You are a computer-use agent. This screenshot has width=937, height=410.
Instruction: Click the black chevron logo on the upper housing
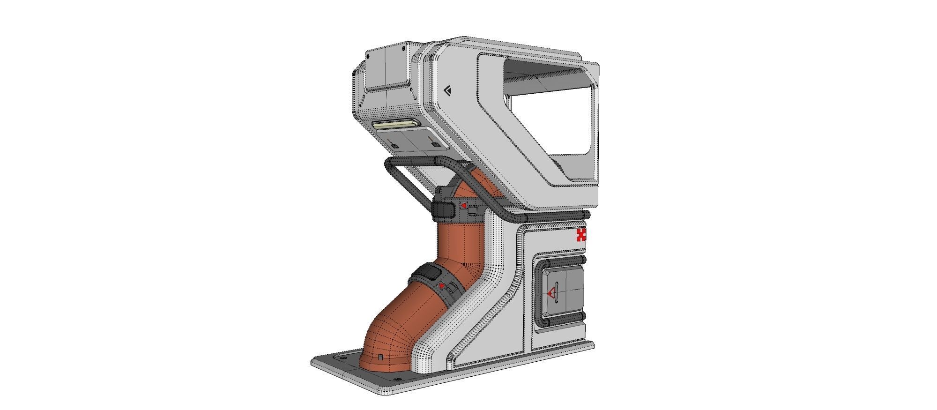coord(448,91)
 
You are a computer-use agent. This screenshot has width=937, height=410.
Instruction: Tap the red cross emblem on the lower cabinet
coord(581,235)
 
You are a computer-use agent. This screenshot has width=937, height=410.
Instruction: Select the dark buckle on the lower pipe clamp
coord(102,272)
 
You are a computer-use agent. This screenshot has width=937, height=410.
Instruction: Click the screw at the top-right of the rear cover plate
coord(403,48)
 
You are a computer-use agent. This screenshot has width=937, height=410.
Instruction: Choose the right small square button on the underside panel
coord(437,144)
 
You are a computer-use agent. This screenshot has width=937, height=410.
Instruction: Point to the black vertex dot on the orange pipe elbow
coord(463,264)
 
